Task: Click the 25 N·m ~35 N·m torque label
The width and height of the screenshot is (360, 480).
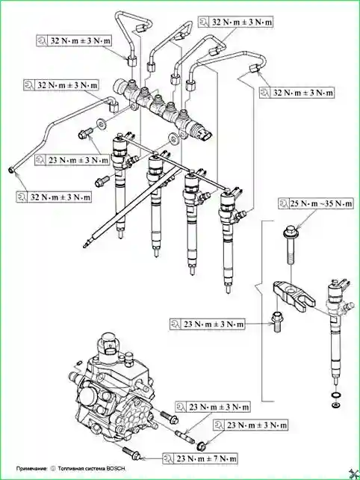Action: tap(316, 203)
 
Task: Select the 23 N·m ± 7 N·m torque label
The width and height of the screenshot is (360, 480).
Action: tap(200, 458)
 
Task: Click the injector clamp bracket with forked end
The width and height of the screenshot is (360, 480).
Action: tap(293, 296)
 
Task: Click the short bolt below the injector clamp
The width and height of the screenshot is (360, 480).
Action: tap(276, 321)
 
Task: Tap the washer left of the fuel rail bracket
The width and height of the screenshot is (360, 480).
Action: tap(101, 123)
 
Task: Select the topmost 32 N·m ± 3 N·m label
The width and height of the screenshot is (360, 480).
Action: tap(235, 22)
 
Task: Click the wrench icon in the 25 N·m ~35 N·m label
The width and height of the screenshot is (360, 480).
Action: tap(284, 203)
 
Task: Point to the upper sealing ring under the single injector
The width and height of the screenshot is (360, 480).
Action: tap(336, 395)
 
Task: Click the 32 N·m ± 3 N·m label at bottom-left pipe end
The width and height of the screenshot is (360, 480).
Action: tap(54, 197)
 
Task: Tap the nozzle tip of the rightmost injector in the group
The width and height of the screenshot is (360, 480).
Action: tap(228, 289)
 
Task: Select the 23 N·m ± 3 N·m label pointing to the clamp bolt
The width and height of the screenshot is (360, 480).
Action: tap(208, 324)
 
